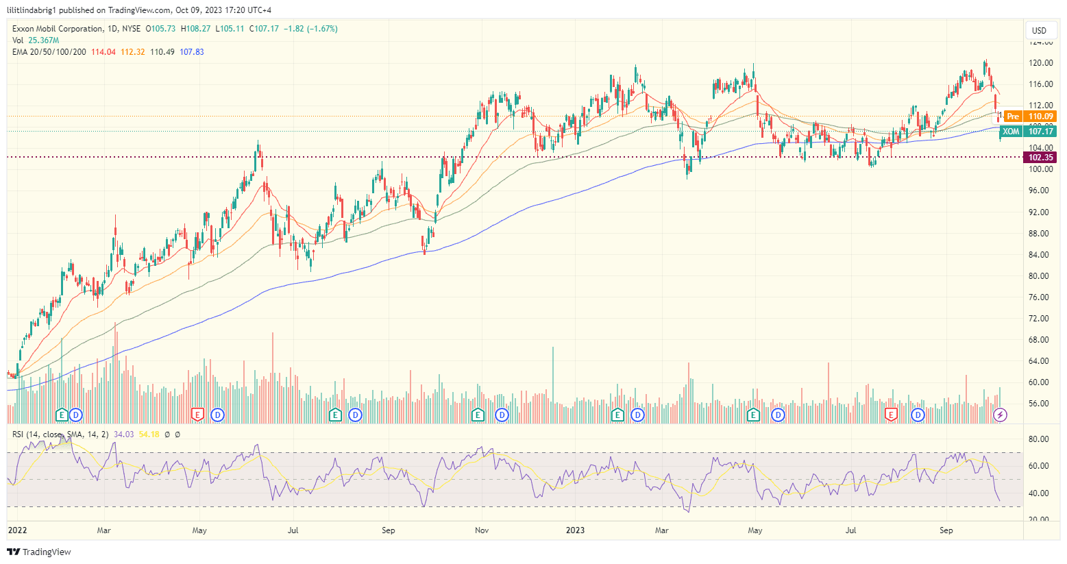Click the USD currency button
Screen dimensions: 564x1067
tap(1039, 30)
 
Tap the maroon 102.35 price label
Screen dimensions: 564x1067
tap(1040, 158)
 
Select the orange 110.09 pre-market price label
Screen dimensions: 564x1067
tap(1040, 117)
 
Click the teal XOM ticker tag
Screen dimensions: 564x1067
tap(1011, 132)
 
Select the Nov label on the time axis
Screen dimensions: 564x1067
tap(482, 530)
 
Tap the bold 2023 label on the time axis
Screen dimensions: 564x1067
tap(575, 530)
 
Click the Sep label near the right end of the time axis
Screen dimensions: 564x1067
tap(946, 530)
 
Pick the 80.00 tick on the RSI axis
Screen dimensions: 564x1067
tap(1039, 439)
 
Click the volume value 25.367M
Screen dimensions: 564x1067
tap(44, 40)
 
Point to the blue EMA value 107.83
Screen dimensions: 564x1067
tap(192, 52)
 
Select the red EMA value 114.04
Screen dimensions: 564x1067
tap(103, 52)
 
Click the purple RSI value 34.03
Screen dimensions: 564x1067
tap(123, 434)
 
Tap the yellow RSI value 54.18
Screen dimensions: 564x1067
tap(149, 434)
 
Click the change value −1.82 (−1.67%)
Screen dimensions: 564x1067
tap(312, 29)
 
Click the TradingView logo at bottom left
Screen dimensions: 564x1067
tap(39, 552)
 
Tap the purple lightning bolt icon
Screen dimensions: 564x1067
tap(1001, 415)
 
